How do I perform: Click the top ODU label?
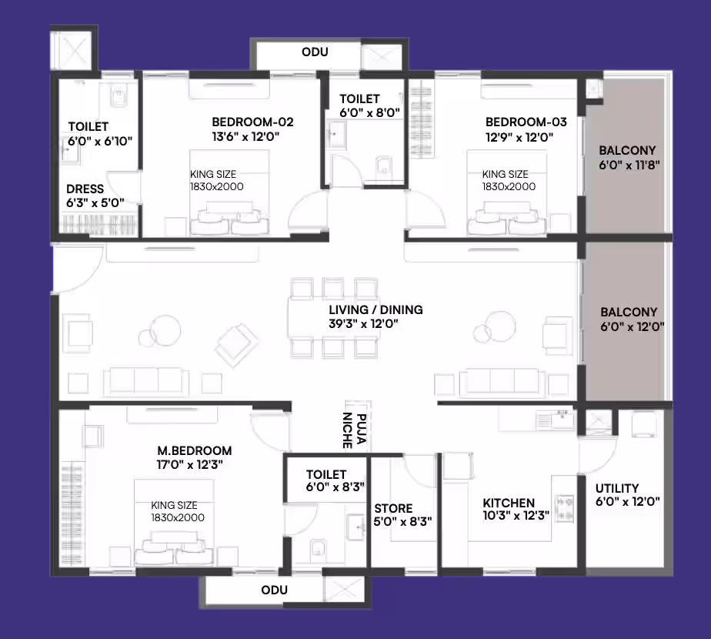point(315,52)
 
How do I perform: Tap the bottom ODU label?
point(275,590)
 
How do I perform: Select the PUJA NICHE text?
point(354,430)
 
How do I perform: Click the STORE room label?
point(393,508)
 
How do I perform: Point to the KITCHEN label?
point(509,503)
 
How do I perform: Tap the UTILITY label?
point(617,488)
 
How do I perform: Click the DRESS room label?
point(85,189)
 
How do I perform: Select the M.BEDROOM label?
point(195,450)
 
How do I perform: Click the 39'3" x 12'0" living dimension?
point(364,323)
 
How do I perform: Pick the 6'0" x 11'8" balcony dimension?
point(629,165)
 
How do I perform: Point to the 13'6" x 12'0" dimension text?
point(245,136)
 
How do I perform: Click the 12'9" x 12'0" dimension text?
point(519,136)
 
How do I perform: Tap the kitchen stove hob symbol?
point(565,508)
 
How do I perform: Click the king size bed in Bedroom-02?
point(229,192)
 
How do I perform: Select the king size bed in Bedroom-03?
point(507,192)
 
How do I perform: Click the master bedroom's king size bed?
point(174,523)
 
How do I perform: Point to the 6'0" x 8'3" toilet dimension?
point(335,487)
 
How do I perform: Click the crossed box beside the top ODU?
point(382,57)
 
